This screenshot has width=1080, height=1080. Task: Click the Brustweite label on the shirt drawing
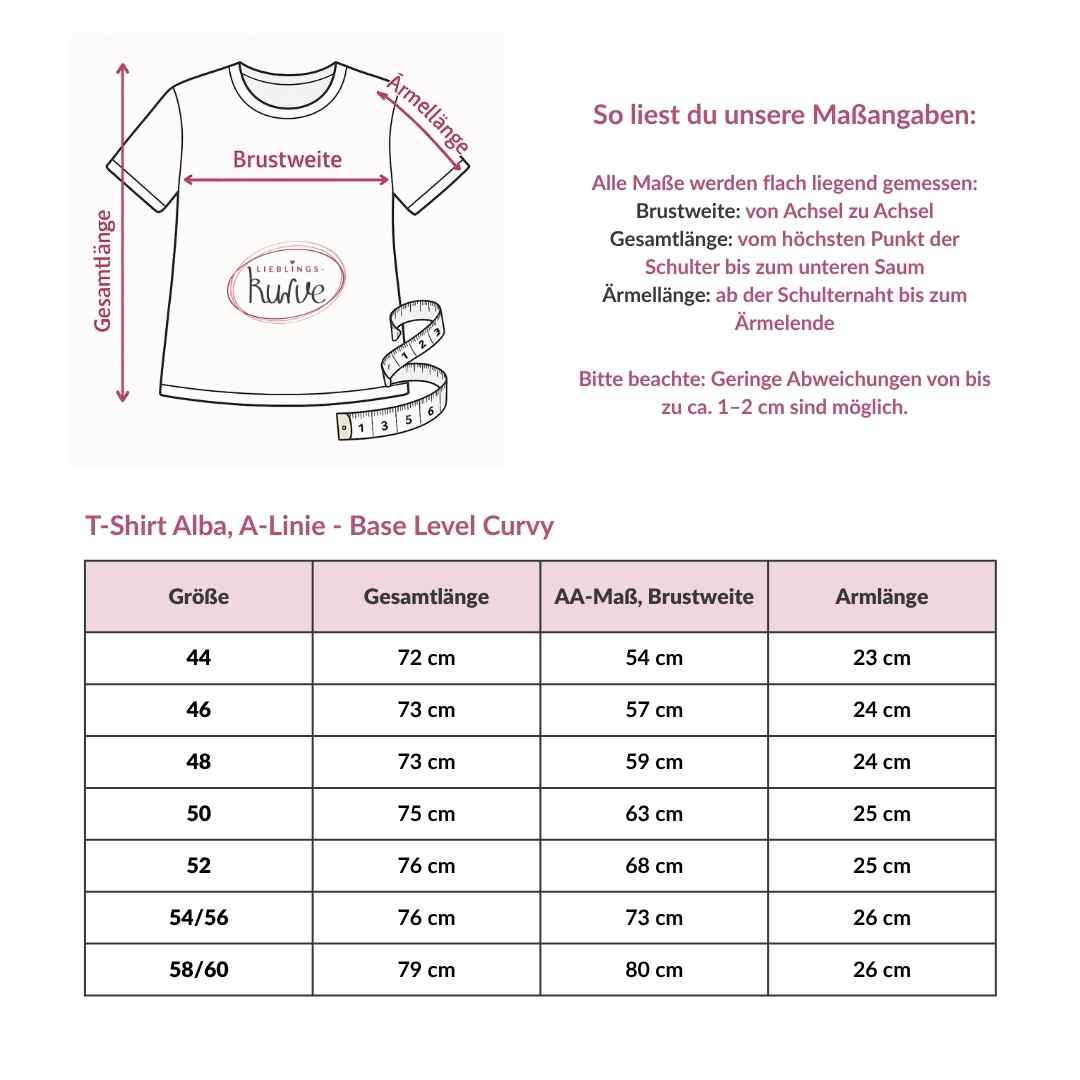tap(287, 159)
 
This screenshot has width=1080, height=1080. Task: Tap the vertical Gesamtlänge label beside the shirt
tap(103, 270)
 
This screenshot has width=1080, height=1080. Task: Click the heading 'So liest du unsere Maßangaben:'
tap(784, 114)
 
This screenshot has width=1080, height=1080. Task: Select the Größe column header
tap(199, 597)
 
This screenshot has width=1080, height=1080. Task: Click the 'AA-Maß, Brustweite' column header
tap(654, 597)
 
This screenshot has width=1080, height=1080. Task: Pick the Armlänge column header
tap(881, 597)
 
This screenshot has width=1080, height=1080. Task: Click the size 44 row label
tap(199, 658)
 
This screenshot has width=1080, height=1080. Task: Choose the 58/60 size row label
tap(199, 970)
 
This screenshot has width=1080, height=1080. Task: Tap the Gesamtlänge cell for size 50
tap(426, 814)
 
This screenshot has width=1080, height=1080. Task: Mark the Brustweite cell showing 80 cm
tap(654, 970)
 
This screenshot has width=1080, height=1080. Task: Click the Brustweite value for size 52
tap(654, 866)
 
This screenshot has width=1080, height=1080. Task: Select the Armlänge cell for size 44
tap(881, 658)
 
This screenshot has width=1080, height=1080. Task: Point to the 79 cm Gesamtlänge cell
tap(426, 970)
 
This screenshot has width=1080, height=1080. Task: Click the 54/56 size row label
tap(199, 918)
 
